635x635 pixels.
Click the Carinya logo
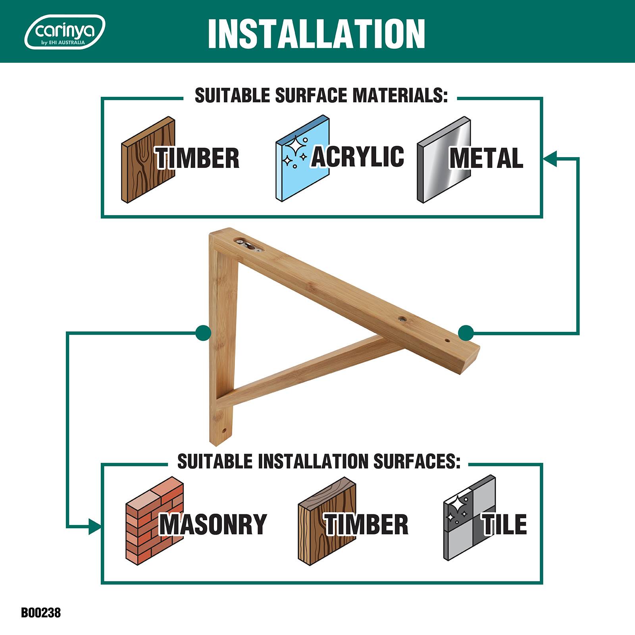(65, 32)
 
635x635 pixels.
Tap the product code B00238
(41, 612)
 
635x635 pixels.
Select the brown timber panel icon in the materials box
(148, 160)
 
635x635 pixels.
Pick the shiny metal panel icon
(444, 160)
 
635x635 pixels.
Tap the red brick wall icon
(154, 520)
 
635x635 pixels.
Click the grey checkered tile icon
(470, 518)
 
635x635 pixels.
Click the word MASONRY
(213, 524)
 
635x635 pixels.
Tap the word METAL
(486, 158)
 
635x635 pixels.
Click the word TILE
(504, 524)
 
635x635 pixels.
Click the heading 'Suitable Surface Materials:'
(321, 96)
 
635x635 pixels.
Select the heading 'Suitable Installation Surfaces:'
(319, 461)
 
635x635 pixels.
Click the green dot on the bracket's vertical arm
(204, 333)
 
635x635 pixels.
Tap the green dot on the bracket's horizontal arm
(466, 333)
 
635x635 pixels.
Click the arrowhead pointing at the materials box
(550, 158)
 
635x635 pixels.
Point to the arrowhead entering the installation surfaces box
(94, 527)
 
